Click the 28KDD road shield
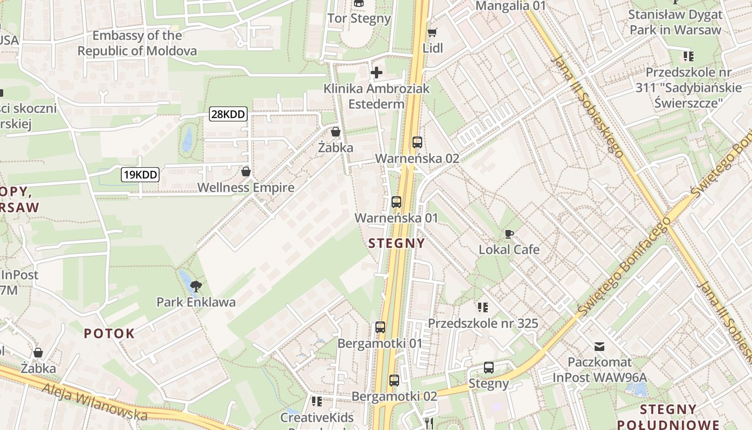pyautogui.click(x=228, y=114)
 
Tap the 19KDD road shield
pyautogui.click(x=140, y=174)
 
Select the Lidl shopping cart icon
pyautogui.click(x=432, y=32)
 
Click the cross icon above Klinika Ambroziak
pyautogui.click(x=377, y=72)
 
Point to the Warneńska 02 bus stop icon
pyautogui.click(x=417, y=142)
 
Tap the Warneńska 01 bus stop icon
pyautogui.click(x=396, y=202)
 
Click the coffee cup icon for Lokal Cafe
pyautogui.click(x=509, y=234)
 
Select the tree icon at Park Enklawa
pyautogui.click(x=196, y=285)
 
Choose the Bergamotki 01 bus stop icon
pyautogui.click(x=380, y=327)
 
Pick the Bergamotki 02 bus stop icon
pyautogui.click(x=394, y=381)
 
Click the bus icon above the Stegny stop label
pyautogui.click(x=488, y=368)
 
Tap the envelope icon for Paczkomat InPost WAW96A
pyautogui.click(x=599, y=347)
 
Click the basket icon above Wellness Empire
pyautogui.click(x=246, y=171)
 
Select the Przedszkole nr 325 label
pyautogui.click(x=482, y=324)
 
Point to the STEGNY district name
pyautogui.click(x=397, y=243)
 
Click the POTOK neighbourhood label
pyautogui.click(x=110, y=333)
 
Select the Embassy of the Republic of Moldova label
pyautogui.click(x=137, y=43)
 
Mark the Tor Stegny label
pyautogui.click(x=359, y=18)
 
